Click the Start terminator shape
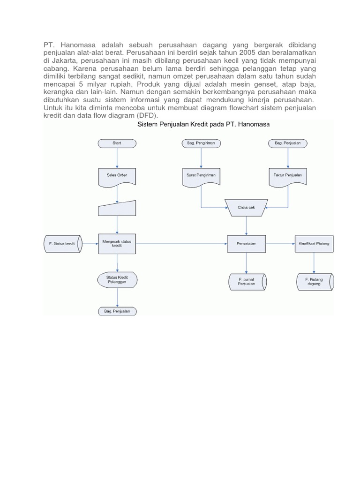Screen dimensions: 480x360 [117, 143]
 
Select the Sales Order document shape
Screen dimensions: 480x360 [117, 176]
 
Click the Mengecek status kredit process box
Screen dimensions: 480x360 [117, 244]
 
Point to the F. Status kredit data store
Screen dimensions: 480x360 [63, 244]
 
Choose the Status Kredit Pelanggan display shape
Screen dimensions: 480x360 [117, 280]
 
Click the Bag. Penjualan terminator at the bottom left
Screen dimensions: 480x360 [117, 311]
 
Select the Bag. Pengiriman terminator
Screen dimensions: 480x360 [201, 143]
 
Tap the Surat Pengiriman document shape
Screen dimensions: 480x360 [201, 176]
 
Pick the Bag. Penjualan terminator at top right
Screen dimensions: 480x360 [287, 143]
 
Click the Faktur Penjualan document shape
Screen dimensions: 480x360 [287, 176]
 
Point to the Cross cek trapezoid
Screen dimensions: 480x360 [246, 207]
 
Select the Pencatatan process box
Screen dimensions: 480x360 [247, 244]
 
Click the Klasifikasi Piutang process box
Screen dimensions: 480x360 [313, 244]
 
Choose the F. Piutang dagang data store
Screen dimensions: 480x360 [314, 281]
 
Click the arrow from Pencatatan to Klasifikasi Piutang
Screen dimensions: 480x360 [280, 244]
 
